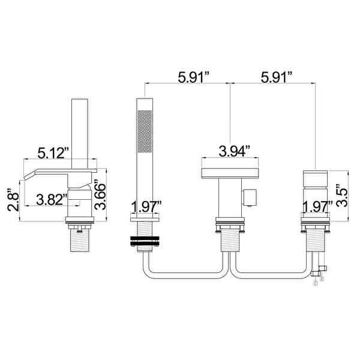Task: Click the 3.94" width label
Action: pos(230,151)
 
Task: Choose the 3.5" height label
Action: pos(342,196)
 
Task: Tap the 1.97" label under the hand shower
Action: pos(146,207)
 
